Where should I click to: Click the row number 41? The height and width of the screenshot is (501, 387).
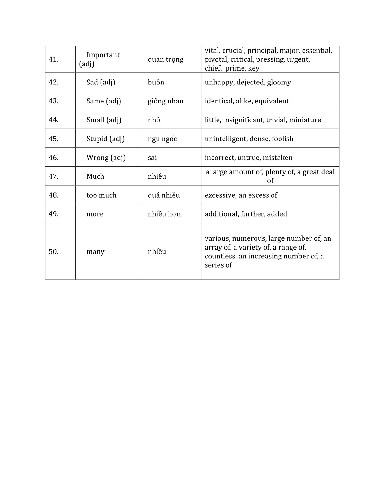click(x=53, y=59)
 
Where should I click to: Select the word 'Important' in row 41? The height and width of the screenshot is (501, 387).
click(x=103, y=55)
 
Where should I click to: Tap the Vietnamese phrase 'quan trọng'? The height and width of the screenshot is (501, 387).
click(x=165, y=59)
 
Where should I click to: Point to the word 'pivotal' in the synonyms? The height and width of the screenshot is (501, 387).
click(x=216, y=59)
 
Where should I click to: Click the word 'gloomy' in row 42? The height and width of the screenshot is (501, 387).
click(x=279, y=82)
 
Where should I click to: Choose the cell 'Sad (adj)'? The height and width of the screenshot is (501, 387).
click(x=101, y=82)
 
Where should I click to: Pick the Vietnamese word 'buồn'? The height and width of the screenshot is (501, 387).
click(x=156, y=82)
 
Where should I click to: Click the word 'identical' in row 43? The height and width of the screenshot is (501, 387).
click(x=218, y=101)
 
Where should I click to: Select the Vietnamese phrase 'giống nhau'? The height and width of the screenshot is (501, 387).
click(x=165, y=101)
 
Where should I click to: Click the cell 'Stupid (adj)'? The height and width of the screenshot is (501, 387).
click(x=105, y=139)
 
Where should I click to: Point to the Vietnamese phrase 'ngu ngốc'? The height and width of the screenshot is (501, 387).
click(x=162, y=139)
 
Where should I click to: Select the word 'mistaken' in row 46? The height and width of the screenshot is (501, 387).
click(x=277, y=158)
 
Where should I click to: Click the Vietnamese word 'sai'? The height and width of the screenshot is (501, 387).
click(x=152, y=158)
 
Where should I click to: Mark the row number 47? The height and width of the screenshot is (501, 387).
click(x=53, y=176)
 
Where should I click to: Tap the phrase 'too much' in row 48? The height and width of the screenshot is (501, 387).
click(x=101, y=195)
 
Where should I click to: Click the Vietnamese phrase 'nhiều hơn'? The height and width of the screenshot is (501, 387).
click(x=164, y=214)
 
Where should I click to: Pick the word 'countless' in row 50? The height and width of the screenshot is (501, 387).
click(x=220, y=256)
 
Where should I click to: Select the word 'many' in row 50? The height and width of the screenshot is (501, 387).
click(x=95, y=252)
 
